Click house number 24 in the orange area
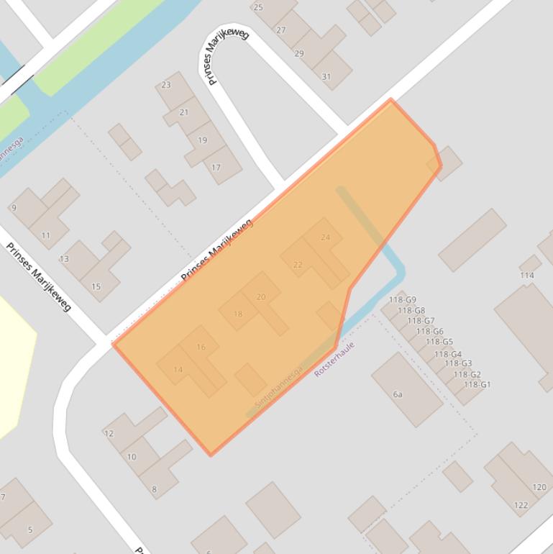coord(326,237)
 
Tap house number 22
coord(298,265)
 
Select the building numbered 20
coord(261,296)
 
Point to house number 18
coord(238,314)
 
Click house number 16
coord(201,347)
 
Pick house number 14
coord(178,370)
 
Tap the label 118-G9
coord(403,300)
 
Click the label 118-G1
coord(477,384)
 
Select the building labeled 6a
coord(398,394)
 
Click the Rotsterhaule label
coord(335,360)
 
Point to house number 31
coord(326,77)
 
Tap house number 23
coord(166,85)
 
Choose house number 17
coord(216,168)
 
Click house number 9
coord(14,208)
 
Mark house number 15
coord(96,286)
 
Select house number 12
coord(109,434)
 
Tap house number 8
coord(154,489)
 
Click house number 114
coord(527,276)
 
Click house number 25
coord(258,7)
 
